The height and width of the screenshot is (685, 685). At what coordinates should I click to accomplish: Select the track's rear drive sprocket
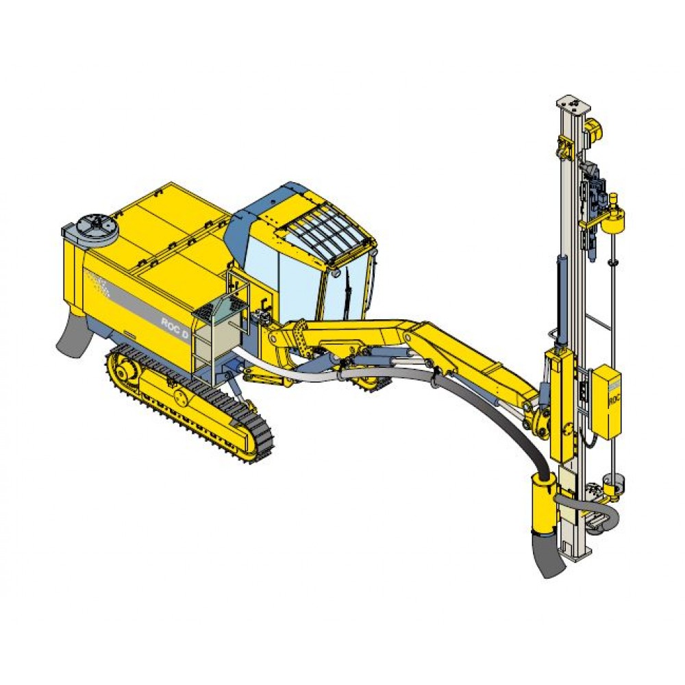click(x=125, y=371)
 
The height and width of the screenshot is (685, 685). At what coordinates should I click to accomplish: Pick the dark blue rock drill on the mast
click(x=591, y=206)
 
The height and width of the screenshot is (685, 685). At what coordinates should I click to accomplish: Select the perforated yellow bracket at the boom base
click(x=295, y=334)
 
